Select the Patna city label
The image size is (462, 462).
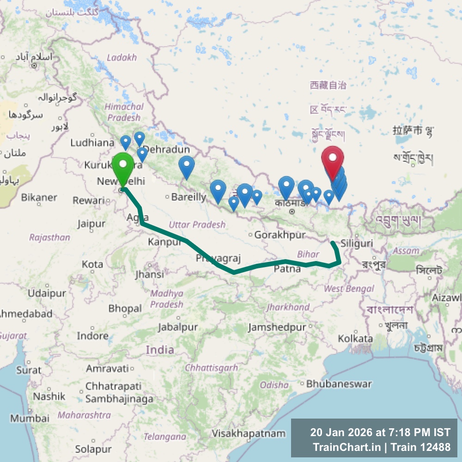(x=287, y=269)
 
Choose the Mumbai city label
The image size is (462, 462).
(x=30, y=419)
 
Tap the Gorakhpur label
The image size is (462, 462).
(x=280, y=235)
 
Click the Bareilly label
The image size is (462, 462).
(x=188, y=197)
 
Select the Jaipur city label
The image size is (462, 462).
(x=91, y=224)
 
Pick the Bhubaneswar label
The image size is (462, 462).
(x=339, y=384)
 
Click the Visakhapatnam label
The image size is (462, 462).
(x=249, y=433)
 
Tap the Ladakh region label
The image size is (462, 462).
(x=122, y=58)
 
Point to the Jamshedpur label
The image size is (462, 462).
(x=277, y=328)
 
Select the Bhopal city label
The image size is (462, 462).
(x=125, y=308)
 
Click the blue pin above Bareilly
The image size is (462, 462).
(x=186, y=167)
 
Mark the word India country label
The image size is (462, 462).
(x=160, y=350)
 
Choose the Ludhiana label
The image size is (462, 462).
(x=92, y=143)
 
